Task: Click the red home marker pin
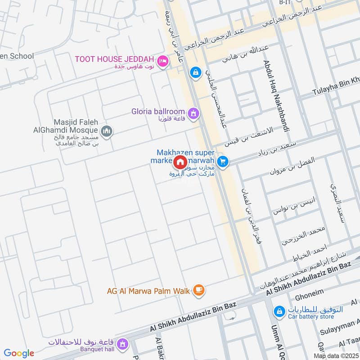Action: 180,162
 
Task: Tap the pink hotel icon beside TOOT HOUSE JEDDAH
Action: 163,60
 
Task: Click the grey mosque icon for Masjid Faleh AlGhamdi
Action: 107,131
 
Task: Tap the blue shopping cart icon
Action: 222,161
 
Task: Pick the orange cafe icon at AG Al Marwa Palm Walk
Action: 198,290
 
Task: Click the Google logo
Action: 18,353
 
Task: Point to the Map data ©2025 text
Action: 335,355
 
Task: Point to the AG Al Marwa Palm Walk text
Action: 148,291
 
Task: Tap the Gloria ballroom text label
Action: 158,111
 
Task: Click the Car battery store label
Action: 311,317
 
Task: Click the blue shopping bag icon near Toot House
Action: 195,72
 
